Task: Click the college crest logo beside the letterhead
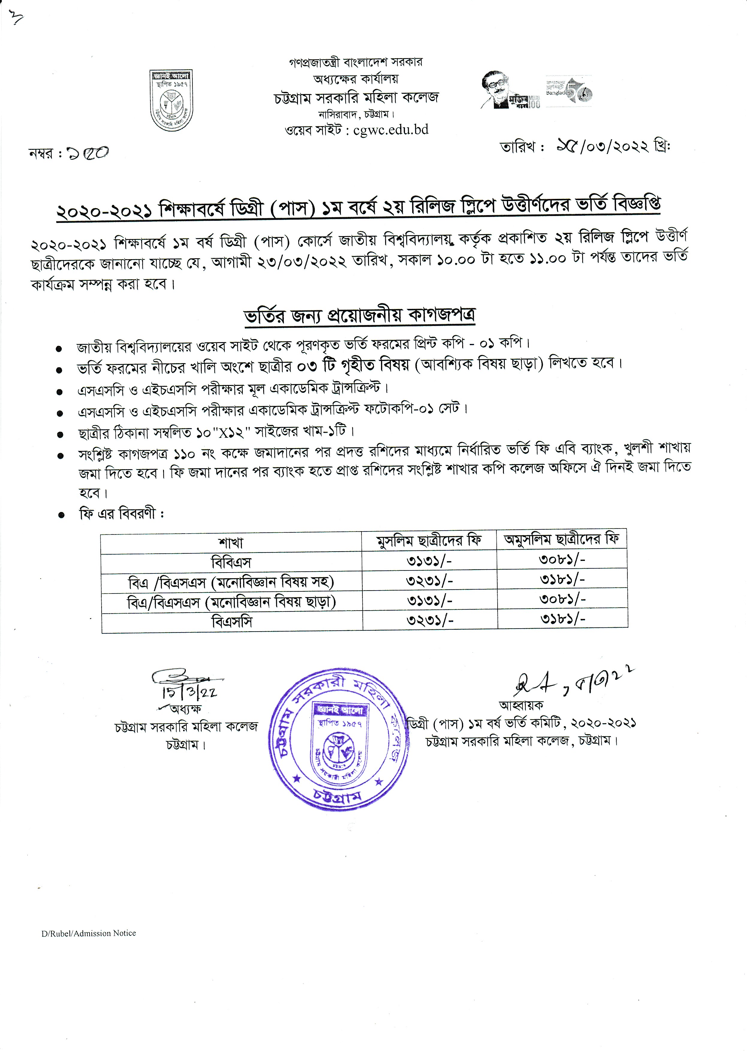171,100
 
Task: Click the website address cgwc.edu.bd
391,130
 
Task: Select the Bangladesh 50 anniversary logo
569,91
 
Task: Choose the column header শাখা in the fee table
231,543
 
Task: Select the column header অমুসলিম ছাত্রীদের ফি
562,539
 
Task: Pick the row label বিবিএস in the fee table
231,562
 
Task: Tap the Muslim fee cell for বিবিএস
429,561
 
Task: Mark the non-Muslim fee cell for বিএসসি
562,619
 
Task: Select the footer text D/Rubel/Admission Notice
89,933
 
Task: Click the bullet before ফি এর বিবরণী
61,515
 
